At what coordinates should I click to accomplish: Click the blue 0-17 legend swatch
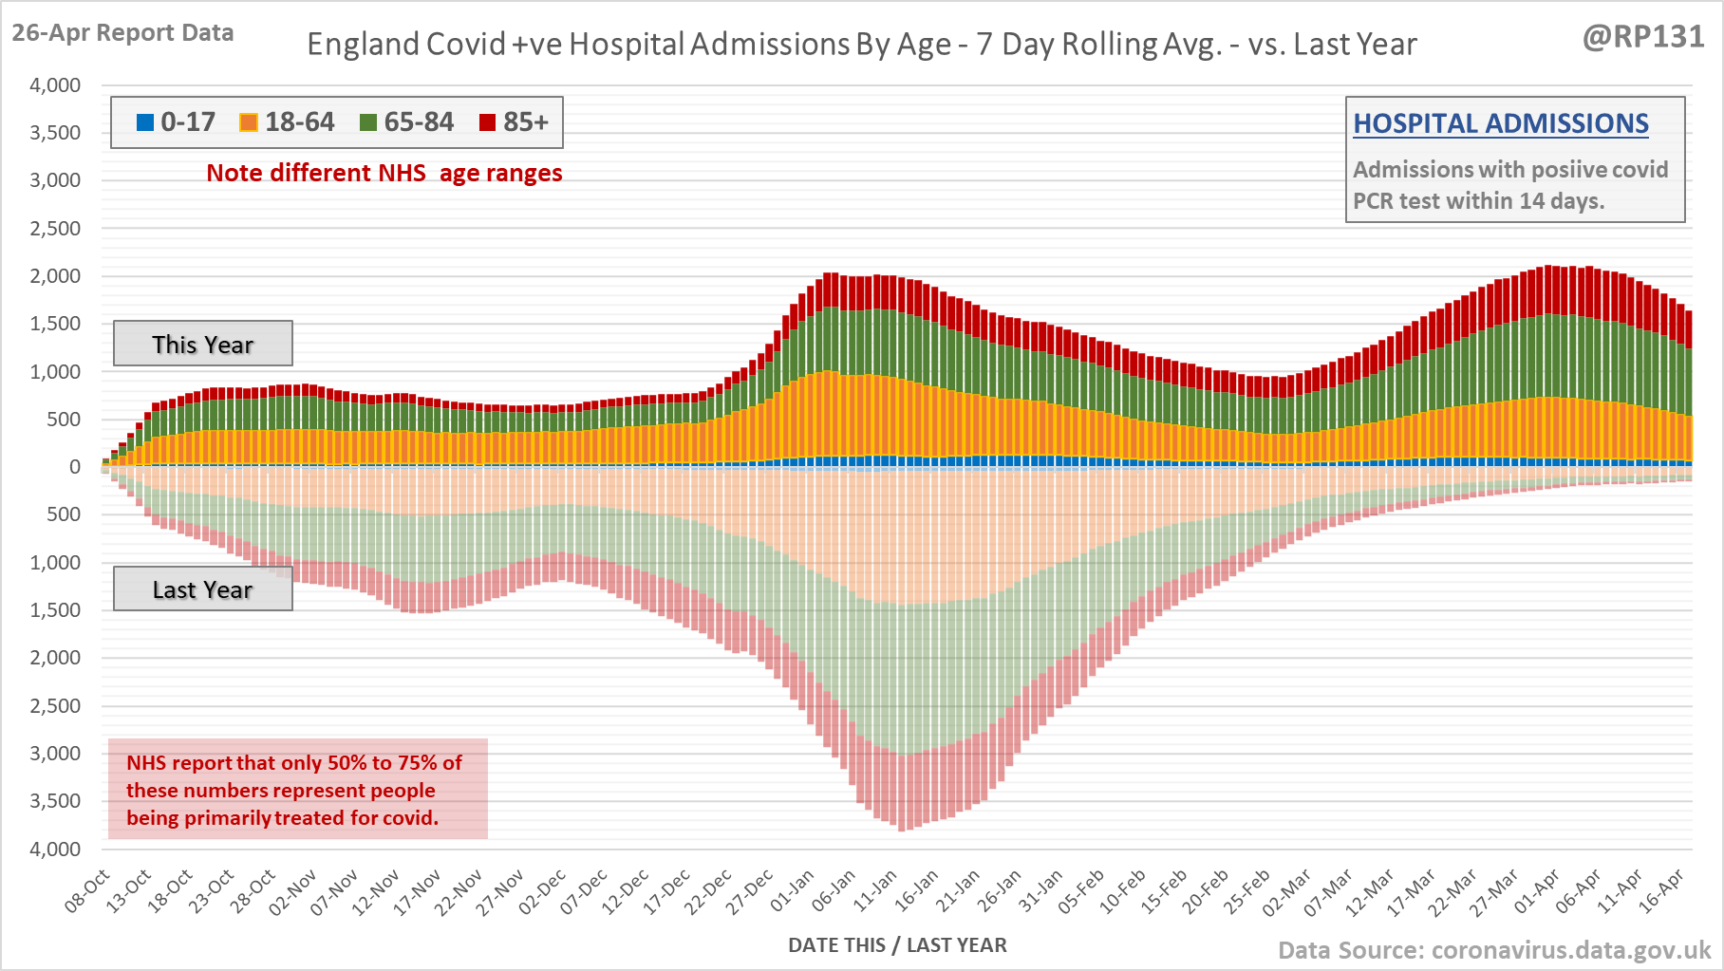point(145,122)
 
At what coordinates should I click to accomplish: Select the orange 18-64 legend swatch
point(249,122)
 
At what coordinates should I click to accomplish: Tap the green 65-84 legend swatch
point(368,122)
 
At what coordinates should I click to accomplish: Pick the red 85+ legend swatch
point(488,122)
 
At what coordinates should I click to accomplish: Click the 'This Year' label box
point(203,344)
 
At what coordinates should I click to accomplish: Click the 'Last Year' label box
point(203,589)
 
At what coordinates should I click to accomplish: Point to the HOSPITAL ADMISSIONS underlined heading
point(1500,123)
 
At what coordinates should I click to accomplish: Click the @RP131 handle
point(1642,37)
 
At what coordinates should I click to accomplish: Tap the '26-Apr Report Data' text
point(122,33)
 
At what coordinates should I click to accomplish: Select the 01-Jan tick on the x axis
point(793,891)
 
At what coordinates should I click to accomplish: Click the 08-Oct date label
point(88,891)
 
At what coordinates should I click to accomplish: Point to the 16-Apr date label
point(1662,891)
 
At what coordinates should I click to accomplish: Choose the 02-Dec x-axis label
point(543,891)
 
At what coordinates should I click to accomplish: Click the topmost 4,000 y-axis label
point(55,85)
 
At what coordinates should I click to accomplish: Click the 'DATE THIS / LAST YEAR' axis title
point(897,945)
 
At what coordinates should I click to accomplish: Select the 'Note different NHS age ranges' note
point(384,174)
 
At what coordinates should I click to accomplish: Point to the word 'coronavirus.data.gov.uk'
point(1570,950)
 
